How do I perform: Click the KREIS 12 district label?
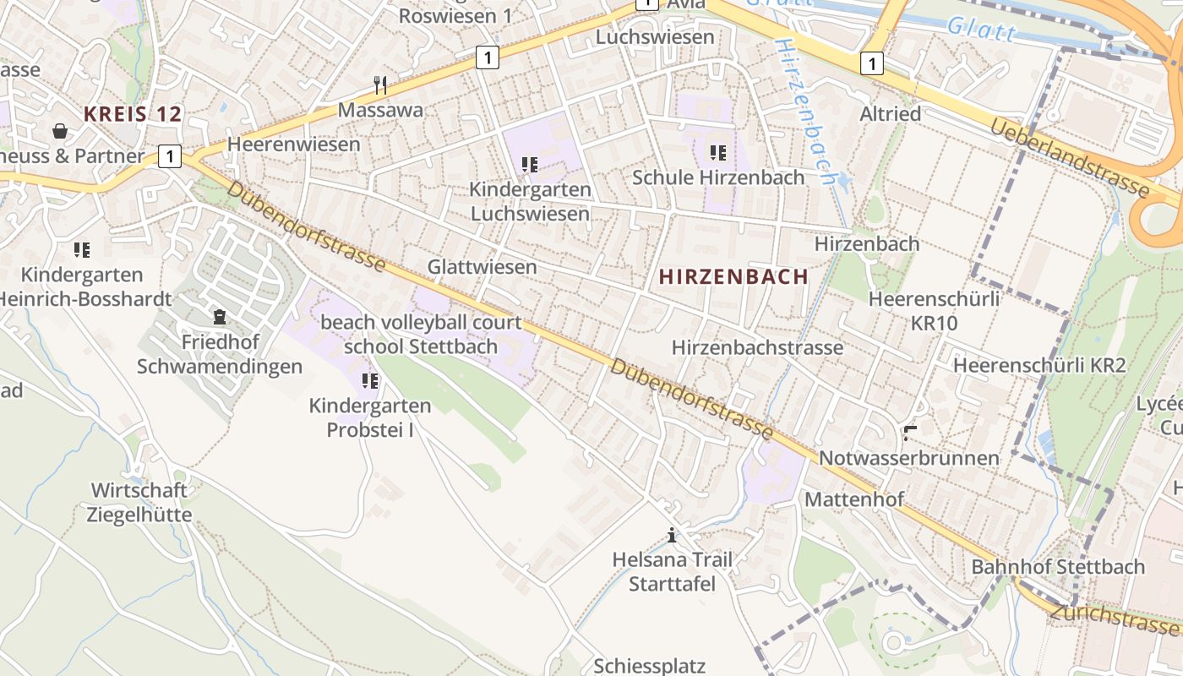(x=133, y=114)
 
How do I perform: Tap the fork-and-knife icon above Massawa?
(x=380, y=84)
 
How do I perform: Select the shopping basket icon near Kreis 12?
(x=61, y=131)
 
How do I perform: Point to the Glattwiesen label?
(x=482, y=267)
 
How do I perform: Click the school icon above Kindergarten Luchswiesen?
(x=530, y=165)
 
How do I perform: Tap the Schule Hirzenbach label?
(x=718, y=177)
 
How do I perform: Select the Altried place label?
(x=890, y=113)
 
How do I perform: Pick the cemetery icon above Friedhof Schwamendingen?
(x=220, y=317)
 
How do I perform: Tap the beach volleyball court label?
(x=421, y=323)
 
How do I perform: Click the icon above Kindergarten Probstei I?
(x=369, y=381)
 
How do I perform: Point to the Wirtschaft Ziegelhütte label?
(x=139, y=502)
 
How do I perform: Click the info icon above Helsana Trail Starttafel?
(x=672, y=535)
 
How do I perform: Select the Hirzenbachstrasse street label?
(x=757, y=347)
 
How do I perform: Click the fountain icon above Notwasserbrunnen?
(x=909, y=433)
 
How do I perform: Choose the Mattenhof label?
(x=853, y=499)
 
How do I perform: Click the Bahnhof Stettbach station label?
(x=1058, y=567)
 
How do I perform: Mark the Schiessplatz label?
(x=649, y=666)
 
